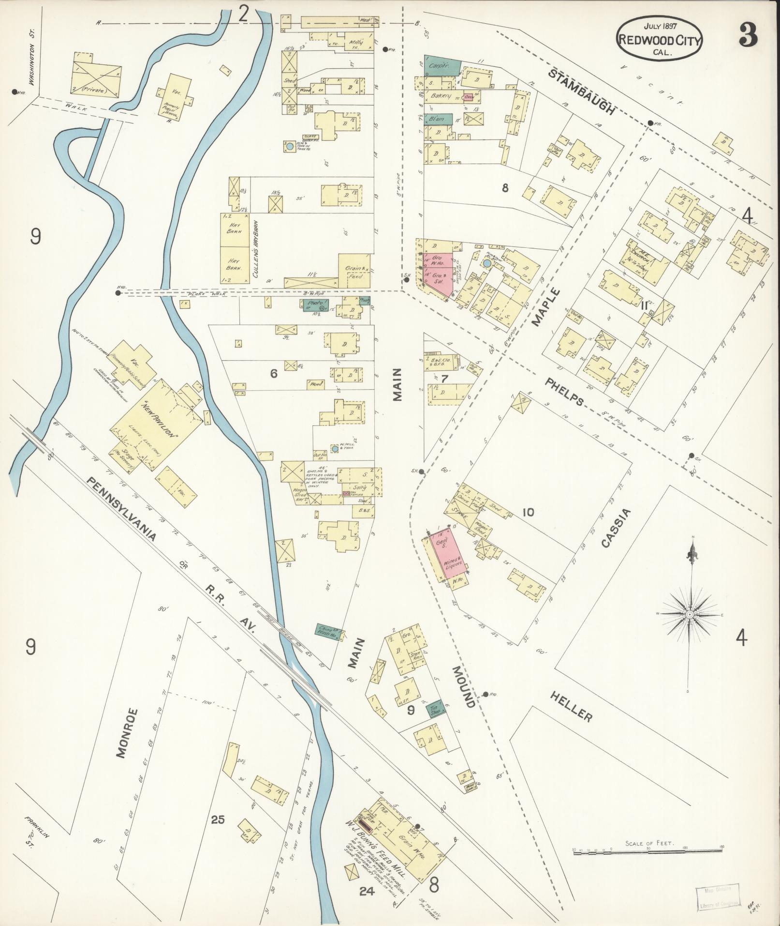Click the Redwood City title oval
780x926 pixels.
pyautogui.click(x=658, y=39)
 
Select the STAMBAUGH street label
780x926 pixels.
pyautogui.click(x=582, y=91)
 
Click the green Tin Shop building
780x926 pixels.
pyautogui.click(x=437, y=710)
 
